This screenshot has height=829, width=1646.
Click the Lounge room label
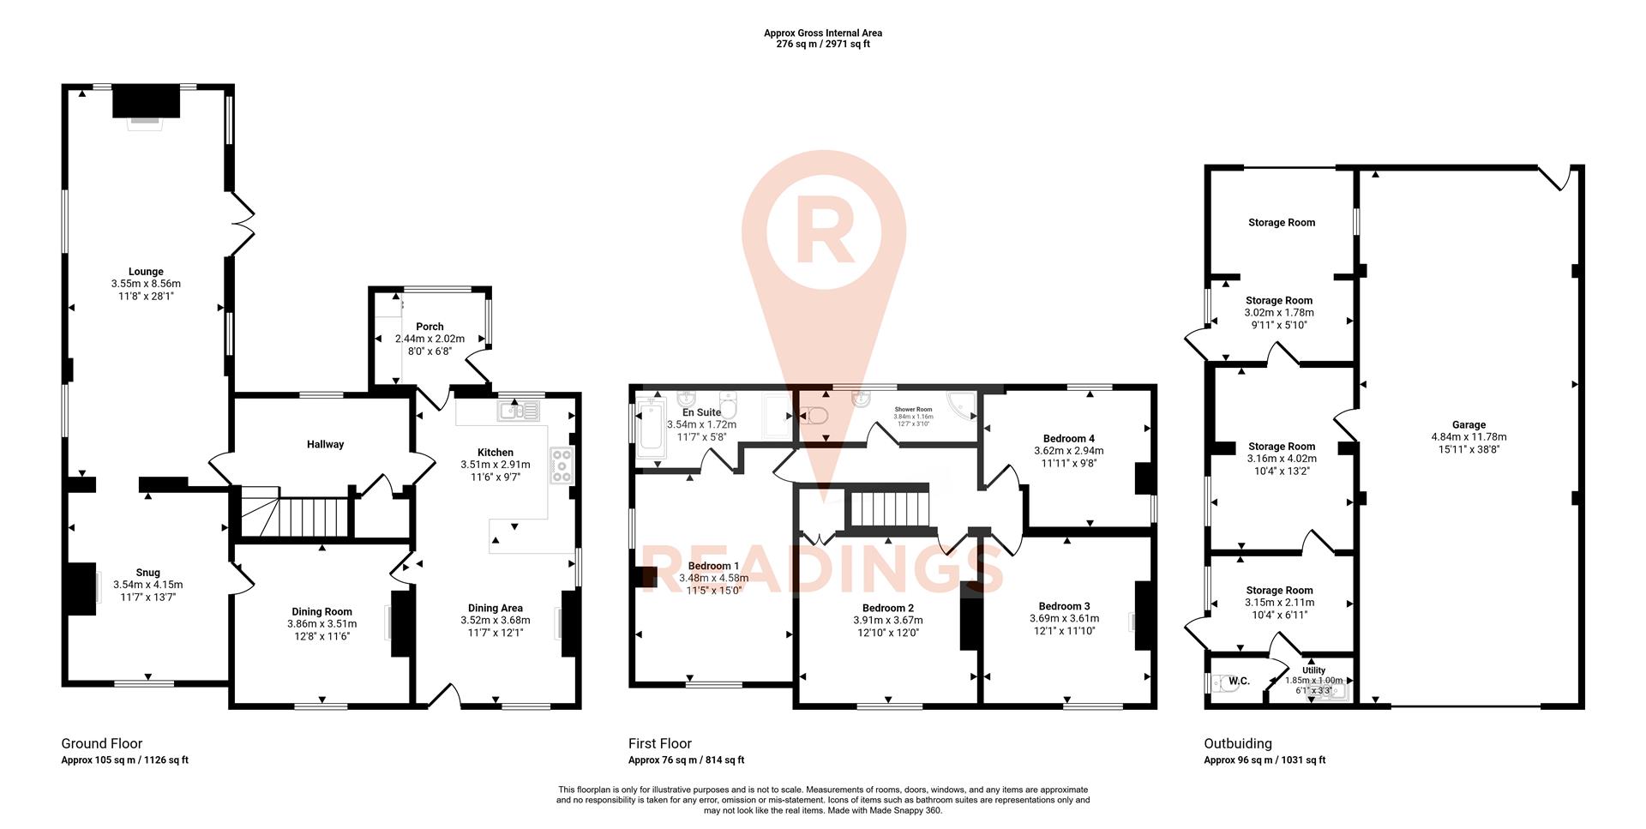(x=146, y=272)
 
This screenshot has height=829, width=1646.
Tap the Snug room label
(x=147, y=573)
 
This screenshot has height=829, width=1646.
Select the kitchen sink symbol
(x=518, y=412)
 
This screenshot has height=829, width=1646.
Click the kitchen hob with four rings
(x=562, y=466)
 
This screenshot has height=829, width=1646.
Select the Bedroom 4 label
(x=1068, y=438)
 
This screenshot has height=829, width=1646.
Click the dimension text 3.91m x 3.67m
(x=887, y=621)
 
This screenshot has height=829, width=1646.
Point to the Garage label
(x=1469, y=424)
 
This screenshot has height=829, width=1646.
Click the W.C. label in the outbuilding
(x=1239, y=682)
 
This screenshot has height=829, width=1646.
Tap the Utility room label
(x=1313, y=670)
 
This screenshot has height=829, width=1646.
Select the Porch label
(x=430, y=327)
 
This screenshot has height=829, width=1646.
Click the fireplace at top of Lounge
(x=146, y=105)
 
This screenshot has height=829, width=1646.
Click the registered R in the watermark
(x=823, y=231)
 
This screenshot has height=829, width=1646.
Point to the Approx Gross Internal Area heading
(x=823, y=33)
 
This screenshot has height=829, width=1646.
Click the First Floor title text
(x=659, y=743)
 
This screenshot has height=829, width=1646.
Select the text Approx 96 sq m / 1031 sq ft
(x=1265, y=760)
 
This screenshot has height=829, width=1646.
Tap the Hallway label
(x=325, y=444)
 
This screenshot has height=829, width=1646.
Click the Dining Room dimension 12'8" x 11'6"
(x=321, y=636)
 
